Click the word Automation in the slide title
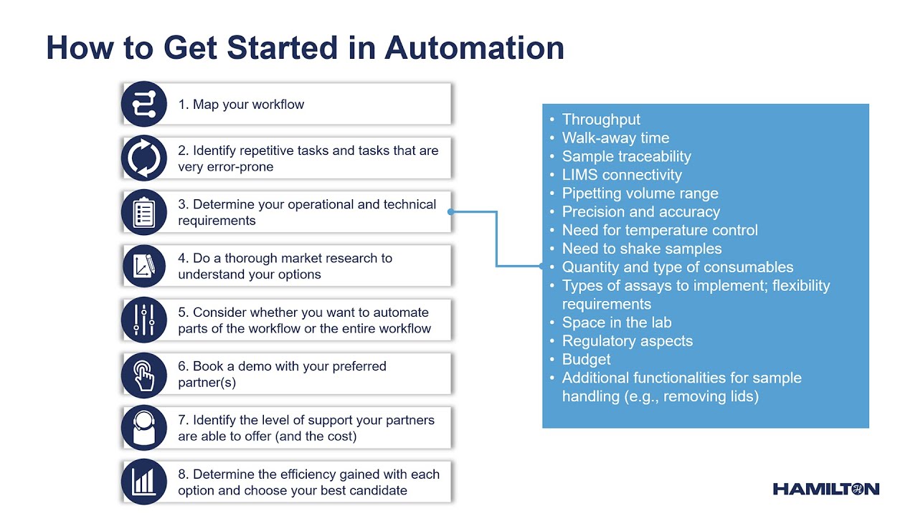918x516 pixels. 474,48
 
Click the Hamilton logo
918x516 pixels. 825,489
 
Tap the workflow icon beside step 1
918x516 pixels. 144,104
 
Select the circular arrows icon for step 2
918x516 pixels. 144,158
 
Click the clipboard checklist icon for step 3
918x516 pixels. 144,212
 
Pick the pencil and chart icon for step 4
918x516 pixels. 144,267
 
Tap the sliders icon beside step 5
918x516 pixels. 144,320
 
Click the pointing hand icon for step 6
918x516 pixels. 144,374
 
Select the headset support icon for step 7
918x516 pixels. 144,428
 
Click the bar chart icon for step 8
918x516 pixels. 144,482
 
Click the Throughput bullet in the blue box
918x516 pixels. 601,120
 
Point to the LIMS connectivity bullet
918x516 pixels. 621,175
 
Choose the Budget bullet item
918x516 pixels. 586,359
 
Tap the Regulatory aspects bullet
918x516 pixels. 627,341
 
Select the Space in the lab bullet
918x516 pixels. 616,322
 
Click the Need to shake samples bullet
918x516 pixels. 641,249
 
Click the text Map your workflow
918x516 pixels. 248,105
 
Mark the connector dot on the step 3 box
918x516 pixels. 451,212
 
